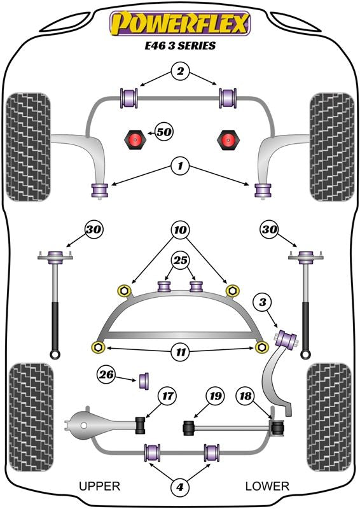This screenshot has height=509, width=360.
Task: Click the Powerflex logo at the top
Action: tap(180, 24)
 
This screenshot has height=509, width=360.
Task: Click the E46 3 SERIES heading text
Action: tap(180, 45)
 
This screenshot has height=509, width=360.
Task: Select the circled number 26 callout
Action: tap(107, 375)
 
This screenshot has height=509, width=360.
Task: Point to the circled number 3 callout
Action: tap(263, 303)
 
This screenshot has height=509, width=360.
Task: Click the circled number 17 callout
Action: tap(167, 396)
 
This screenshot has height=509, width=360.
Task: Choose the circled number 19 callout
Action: tap(216, 396)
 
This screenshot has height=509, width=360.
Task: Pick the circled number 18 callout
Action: tap(246, 396)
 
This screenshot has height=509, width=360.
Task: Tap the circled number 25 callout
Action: tap(181, 260)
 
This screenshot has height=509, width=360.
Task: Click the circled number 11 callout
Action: tap(181, 352)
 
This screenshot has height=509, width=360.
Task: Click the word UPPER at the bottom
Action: tap(100, 486)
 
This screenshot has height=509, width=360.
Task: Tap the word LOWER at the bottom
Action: tap(267, 486)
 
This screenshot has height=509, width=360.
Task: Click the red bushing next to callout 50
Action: tap(135, 139)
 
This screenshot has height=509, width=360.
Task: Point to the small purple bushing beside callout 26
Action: tap(144, 380)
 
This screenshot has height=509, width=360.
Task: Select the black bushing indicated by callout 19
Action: tap(189, 428)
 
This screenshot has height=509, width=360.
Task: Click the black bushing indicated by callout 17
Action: tap(141, 425)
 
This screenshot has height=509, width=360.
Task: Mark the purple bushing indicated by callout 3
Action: tap(287, 338)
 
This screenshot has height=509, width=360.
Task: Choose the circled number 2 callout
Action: tap(180, 71)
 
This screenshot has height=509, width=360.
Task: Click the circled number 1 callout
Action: tap(180, 166)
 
